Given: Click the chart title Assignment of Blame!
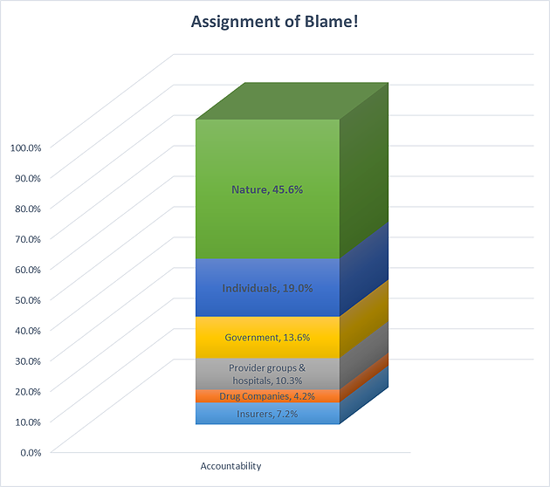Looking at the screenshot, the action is tap(275, 22).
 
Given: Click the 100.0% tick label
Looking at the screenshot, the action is tap(25, 147).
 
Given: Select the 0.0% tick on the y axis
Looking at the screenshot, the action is tap(31, 453).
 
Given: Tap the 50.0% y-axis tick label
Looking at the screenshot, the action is tap(28, 300).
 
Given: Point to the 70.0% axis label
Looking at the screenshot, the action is tap(28, 239).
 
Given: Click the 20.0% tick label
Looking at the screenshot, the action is tap(28, 392).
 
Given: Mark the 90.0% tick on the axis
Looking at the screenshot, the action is tap(28, 178).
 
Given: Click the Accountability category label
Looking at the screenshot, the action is tap(230, 466).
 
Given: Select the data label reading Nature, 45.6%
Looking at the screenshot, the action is tap(267, 189).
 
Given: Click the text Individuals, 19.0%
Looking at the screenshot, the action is tap(267, 288).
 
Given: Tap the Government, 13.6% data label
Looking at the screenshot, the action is tap(267, 338).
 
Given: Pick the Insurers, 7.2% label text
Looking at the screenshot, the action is tap(267, 414).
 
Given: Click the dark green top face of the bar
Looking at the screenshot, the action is tap(292, 101).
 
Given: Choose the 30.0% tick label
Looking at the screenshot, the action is tap(28, 361).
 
